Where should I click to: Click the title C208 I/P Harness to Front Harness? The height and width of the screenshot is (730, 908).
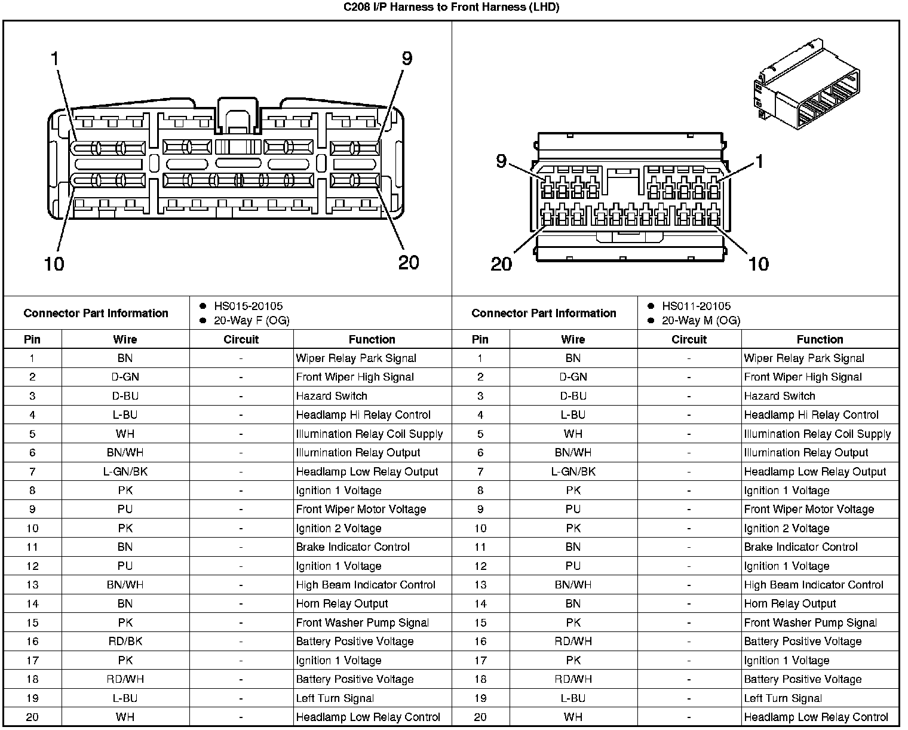[x=451, y=7]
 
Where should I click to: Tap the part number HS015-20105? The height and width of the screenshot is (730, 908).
[x=248, y=306]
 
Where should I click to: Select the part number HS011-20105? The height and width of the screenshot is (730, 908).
[x=696, y=306]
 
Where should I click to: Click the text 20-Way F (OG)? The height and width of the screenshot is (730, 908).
[x=251, y=320]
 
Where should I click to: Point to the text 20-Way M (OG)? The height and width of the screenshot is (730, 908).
[x=701, y=320]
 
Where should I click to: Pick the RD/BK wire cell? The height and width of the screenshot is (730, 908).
[x=125, y=641]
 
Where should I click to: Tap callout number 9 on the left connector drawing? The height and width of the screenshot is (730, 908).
[x=407, y=59]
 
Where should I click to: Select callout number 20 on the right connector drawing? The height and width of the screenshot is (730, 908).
[x=501, y=263]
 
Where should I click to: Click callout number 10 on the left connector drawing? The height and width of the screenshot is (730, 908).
[x=54, y=263]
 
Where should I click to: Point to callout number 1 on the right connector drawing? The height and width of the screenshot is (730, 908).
[x=759, y=161]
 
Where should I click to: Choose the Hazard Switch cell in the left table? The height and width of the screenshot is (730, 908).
[x=332, y=396]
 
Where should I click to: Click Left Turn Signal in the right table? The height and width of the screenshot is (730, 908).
[x=783, y=698]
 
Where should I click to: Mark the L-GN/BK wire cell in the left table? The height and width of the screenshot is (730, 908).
[x=125, y=471]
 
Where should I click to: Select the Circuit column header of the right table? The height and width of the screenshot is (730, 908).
[x=689, y=339]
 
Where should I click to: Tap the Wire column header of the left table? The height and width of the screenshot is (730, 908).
[x=125, y=339]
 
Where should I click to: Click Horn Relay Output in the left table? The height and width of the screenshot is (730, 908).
[x=342, y=604]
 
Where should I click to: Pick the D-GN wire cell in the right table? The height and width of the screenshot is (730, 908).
[x=573, y=377]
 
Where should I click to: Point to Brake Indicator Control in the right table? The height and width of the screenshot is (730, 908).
[x=800, y=547]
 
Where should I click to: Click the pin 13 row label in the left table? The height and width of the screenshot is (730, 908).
[x=32, y=585]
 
